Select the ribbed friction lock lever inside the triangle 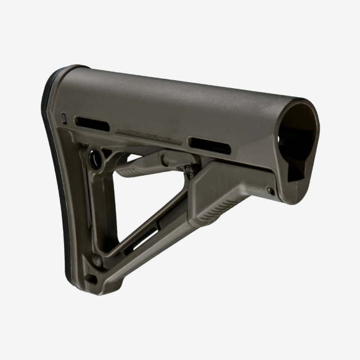[x=139, y=170]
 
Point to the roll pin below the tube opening [x=271, y=191]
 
